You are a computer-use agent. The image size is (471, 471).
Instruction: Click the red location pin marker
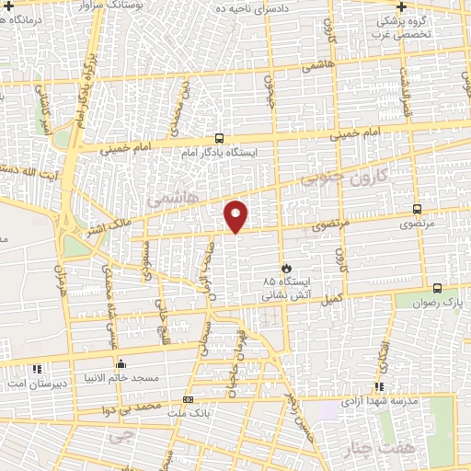pyautogui.click(x=236, y=215)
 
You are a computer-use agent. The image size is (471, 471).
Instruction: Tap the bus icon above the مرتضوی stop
pyautogui.click(x=419, y=210)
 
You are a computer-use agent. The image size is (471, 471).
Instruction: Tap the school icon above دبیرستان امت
pyautogui.click(x=37, y=370)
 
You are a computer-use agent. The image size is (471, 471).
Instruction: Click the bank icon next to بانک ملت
pyautogui.click(x=188, y=399)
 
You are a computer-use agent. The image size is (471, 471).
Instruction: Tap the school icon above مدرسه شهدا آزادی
pyautogui.click(x=378, y=387)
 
